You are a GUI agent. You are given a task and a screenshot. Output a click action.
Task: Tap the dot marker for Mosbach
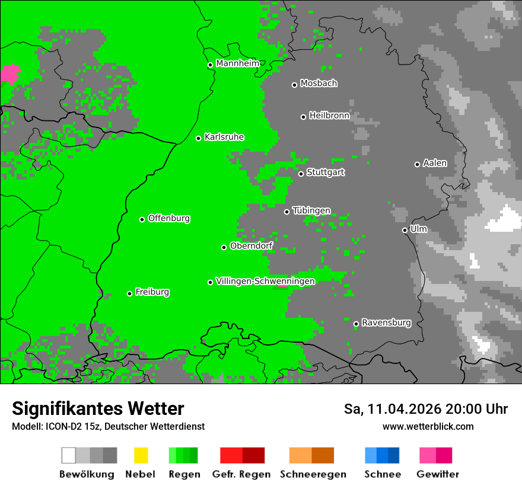(x=294, y=85)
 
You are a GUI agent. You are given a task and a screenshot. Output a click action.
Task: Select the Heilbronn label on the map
(x=329, y=116)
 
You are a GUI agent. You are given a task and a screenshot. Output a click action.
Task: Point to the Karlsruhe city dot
(x=199, y=138)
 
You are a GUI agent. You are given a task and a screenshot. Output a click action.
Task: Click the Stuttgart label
(x=325, y=172)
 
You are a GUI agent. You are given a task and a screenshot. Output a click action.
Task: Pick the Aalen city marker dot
(x=417, y=164)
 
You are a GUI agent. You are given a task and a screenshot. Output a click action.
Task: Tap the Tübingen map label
(x=311, y=210)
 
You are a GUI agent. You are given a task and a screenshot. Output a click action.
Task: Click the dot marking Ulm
(x=405, y=230)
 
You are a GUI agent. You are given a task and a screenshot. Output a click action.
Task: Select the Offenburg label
(x=169, y=218)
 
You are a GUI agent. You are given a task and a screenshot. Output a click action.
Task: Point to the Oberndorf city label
(x=251, y=246)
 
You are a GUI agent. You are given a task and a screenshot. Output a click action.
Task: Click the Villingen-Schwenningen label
(x=265, y=281)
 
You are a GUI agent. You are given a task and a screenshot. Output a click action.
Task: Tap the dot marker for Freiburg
(x=129, y=293)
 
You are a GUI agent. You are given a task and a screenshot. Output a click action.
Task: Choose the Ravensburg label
(x=386, y=322)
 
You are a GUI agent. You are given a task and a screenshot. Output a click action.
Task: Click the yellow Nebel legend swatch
(x=141, y=455)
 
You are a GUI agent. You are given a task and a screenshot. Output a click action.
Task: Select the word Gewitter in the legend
(x=438, y=474)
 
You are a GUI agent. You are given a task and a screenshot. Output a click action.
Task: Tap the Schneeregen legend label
(x=313, y=474)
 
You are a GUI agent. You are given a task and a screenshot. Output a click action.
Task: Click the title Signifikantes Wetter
(x=98, y=409)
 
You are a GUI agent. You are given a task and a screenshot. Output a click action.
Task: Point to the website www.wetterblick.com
(x=428, y=426)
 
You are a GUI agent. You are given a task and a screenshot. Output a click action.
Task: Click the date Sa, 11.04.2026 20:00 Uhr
(x=426, y=409)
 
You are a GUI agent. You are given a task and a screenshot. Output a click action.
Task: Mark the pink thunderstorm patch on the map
(x=10, y=74)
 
